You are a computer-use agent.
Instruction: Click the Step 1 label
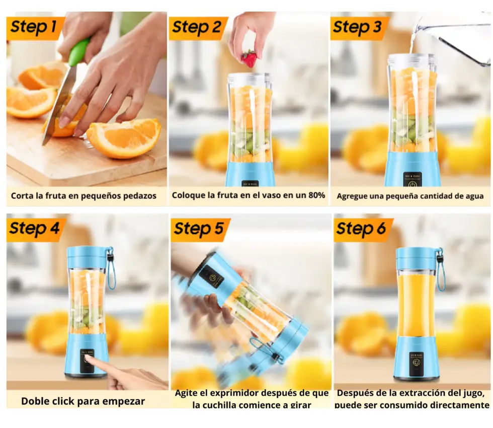(34, 26)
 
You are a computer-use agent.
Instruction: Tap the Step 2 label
(197, 27)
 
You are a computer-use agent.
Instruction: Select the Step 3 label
(358, 27)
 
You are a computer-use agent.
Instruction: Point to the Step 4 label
(34, 228)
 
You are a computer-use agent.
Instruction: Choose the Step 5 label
(199, 229)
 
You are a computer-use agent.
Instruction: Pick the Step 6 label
(361, 229)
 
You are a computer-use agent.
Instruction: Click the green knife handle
(78, 52)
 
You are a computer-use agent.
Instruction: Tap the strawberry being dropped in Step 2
(250, 59)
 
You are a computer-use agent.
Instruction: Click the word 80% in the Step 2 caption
(316, 195)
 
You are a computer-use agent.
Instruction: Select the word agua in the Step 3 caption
(474, 196)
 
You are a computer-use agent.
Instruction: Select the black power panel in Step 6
(417, 364)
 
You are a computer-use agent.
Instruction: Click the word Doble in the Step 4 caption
(34, 401)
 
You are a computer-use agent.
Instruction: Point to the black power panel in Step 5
(211, 277)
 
